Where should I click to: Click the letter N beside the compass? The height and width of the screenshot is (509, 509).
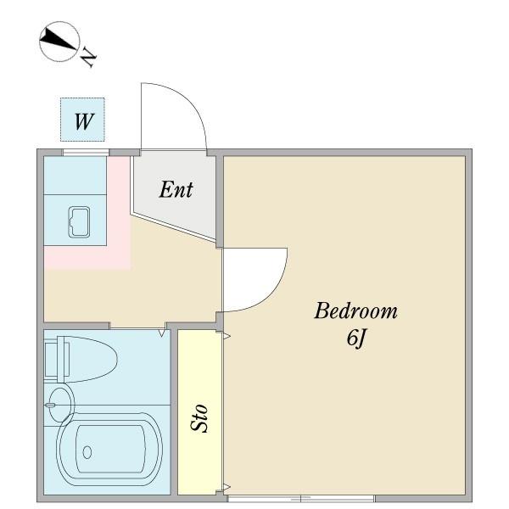[87, 57]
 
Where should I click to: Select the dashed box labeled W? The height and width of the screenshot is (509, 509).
[82, 120]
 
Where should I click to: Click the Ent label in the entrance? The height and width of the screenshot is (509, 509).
[176, 189]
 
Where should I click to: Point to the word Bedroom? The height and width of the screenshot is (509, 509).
[355, 310]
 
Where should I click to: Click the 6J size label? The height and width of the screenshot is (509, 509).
[356, 338]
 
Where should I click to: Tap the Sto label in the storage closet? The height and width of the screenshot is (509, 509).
[199, 418]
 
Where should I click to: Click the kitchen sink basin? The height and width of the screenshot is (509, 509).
[79, 222]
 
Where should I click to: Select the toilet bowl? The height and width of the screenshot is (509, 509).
[87, 360]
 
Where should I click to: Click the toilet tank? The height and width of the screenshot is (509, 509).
[51, 360]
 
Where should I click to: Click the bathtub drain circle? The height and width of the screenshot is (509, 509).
[87, 452]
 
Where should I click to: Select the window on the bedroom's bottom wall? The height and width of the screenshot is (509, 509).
[301, 499]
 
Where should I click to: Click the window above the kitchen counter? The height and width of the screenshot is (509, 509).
[86, 152]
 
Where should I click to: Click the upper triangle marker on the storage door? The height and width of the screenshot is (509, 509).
[227, 336]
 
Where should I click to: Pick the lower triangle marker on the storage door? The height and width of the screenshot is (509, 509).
[227, 487]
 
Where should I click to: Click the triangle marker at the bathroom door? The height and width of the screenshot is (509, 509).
[162, 333]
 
